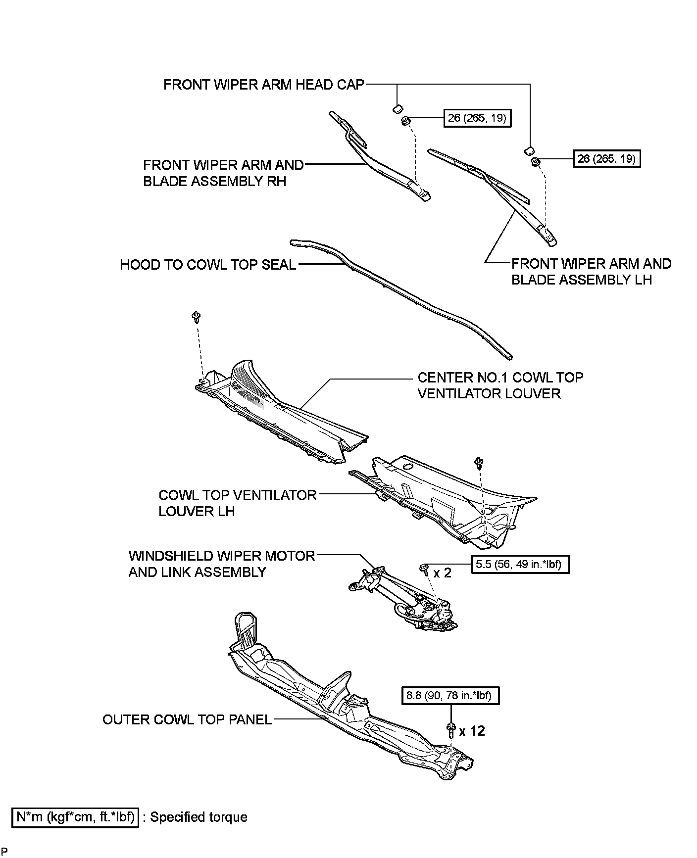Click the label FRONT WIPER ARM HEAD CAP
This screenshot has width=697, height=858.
tap(263, 85)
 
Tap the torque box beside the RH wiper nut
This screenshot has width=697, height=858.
tap(477, 118)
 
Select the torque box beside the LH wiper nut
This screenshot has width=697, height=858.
tap(607, 159)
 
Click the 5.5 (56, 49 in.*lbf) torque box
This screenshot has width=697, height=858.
tap(520, 564)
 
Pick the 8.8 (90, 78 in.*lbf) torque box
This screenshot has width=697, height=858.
tap(449, 696)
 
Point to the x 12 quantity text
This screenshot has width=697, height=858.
tap(472, 731)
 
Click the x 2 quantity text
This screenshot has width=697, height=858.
tap(443, 573)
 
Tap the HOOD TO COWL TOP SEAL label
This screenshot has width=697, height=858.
tap(208, 265)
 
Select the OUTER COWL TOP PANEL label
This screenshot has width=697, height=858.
tap(187, 719)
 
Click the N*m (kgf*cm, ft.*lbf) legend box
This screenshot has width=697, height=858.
tap(75, 816)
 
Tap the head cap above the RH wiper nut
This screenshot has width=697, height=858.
tap(397, 108)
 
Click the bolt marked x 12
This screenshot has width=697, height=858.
tap(450, 730)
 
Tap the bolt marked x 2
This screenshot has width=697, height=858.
tap(424, 569)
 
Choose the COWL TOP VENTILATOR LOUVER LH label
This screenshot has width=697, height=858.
tap(237, 503)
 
